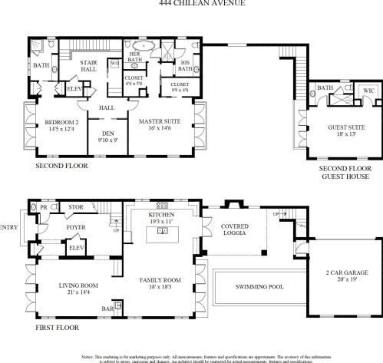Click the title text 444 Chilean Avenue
[x=191, y=3]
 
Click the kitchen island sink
[x=162, y=229]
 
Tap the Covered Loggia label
[x=235, y=231]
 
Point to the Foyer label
[x=75, y=227]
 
